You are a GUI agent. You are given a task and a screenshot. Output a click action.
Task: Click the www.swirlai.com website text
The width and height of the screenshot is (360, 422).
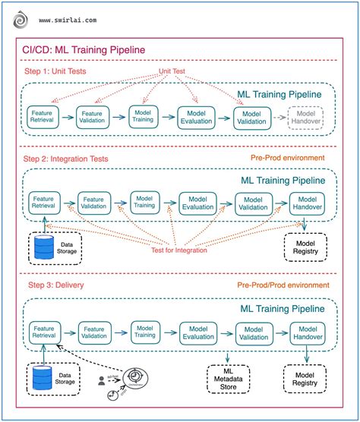pyautogui.click(x=68, y=22)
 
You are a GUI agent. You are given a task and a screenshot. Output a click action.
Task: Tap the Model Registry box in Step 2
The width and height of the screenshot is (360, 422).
pyautogui.click(x=305, y=246)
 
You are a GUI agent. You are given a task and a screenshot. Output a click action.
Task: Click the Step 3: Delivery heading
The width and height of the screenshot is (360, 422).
pyautogui.click(x=53, y=285)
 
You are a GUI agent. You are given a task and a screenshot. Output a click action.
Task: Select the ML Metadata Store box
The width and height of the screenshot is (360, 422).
pyautogui.click(x=228, y=378)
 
